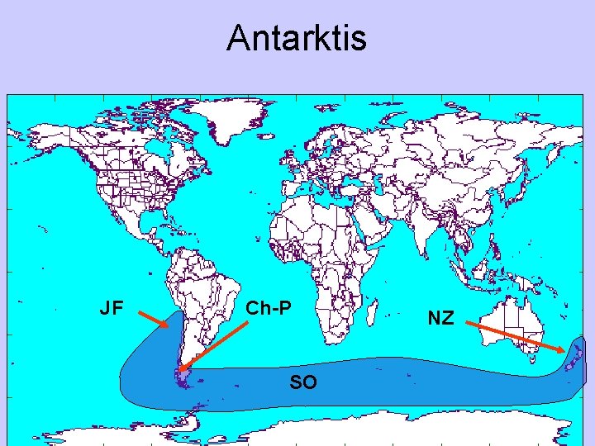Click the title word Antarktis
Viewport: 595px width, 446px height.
296,38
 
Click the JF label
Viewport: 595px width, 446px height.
112,309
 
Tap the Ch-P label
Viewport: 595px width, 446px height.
269,309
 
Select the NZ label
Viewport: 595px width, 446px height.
440,318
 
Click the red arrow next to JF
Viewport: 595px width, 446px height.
153,319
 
